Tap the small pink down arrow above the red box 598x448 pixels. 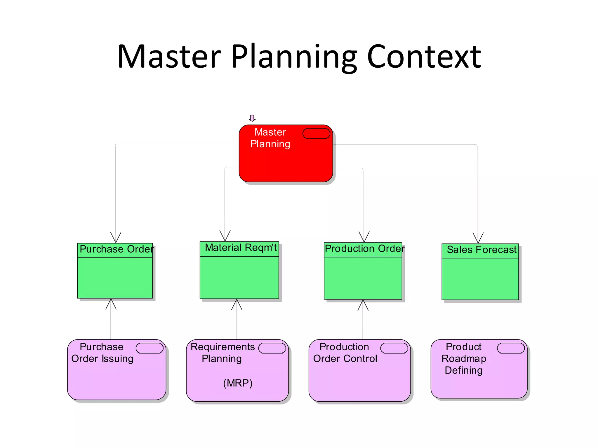click(252, 118)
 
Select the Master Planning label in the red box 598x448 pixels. click(270, 138)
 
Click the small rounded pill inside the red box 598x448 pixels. click(316, 134)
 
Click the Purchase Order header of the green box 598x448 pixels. click(116, 249)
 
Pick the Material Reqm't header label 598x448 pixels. click(240, 248)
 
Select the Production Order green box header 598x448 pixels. click(364, 249)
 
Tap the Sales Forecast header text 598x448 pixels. click(481, 250)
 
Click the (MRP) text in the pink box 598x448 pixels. click(238, 383)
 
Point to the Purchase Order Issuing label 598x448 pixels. click(102, 353)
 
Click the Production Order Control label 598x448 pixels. click(345, 353)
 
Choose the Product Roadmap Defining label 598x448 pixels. click(464, 358)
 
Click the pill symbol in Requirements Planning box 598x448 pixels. click(272, 348)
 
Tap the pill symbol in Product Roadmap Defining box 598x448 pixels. click(511, 348)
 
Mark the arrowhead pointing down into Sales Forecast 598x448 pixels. click(478, 238)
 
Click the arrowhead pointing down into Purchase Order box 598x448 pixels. click(116, 237)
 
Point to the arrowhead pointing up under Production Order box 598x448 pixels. click(363, 305)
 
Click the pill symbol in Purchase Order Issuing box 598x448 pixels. click(149, 348)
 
